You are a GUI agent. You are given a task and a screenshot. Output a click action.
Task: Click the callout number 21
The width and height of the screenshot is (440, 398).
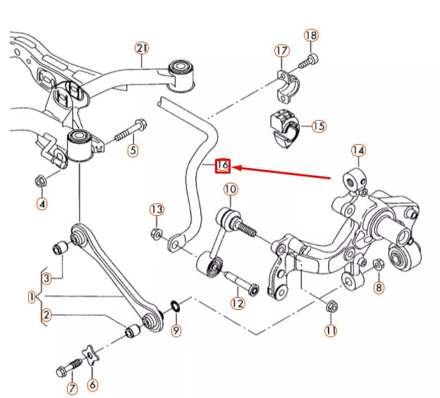142,48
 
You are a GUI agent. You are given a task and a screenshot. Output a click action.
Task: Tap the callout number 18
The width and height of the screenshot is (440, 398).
311,35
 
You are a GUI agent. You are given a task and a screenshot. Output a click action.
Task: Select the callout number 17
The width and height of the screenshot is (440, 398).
281,51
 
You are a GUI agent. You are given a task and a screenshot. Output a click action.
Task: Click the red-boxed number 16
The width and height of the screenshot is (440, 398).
222,166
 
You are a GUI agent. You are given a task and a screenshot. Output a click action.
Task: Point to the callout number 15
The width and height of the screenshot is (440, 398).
319,126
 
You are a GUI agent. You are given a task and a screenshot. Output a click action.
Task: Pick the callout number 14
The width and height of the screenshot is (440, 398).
358,150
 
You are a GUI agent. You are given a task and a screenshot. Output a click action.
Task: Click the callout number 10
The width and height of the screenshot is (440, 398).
231,189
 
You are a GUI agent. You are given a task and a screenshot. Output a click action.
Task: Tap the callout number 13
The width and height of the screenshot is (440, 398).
157,210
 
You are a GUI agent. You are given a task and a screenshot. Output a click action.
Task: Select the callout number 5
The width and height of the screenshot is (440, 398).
132,150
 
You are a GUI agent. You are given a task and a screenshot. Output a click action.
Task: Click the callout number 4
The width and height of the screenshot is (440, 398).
42,205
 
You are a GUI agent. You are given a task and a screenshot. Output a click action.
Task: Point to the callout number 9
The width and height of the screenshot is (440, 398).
176,330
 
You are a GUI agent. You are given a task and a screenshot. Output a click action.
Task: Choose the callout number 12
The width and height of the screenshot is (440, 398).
237,303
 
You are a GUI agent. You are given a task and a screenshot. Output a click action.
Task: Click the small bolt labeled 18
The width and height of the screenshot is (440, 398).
307,63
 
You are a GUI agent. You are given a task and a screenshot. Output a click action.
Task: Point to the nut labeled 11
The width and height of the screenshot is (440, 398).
332,306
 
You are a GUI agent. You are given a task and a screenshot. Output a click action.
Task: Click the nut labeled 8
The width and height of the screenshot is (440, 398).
378,266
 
